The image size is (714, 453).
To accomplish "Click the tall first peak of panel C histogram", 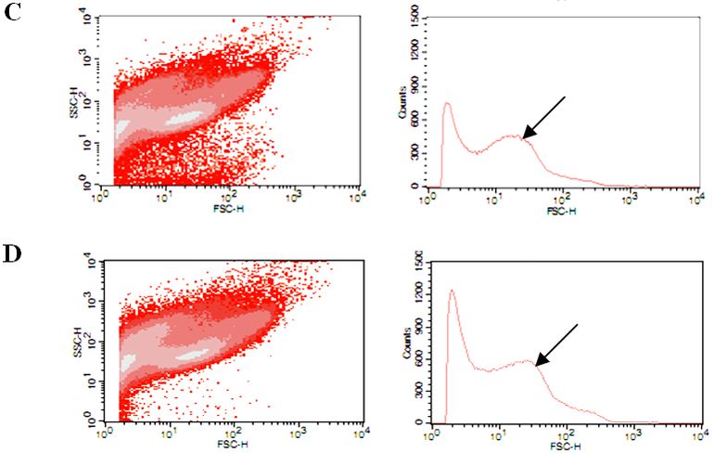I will point(447,104).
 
